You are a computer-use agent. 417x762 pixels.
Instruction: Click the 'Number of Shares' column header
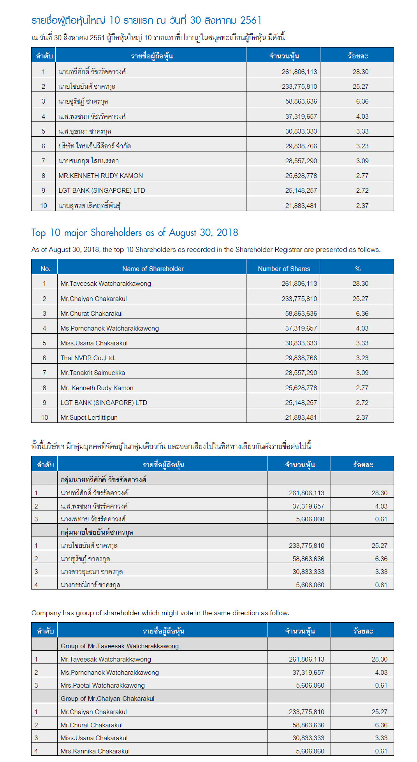(x=284, y=269)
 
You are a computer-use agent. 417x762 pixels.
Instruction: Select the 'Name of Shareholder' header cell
(x=153, y=269)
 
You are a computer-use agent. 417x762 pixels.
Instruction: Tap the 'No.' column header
(x=45, y=269)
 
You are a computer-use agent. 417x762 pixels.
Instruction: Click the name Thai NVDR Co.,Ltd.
(x=88, y=358)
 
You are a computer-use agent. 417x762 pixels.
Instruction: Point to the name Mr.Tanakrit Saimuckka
(x=93, y=373)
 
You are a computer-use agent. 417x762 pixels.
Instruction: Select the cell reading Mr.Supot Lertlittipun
(x=89, y=417)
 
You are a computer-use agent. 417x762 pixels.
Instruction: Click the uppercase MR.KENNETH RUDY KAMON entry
(x=100, y=176)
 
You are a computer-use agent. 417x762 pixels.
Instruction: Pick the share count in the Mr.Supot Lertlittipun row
(x=301, y=417)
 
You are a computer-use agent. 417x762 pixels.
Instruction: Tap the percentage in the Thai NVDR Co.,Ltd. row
(x=362, y=358)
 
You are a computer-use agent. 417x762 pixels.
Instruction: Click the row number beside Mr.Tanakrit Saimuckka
(x=44, y=373)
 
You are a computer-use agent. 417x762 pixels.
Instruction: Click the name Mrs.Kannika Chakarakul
(x=95, y=751)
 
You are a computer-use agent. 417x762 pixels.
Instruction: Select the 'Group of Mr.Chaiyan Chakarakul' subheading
(x=107, y=699)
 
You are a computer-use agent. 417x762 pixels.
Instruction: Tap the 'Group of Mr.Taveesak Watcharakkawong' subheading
(x=120, y=646)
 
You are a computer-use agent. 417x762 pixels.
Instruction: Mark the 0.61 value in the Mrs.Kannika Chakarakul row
(x=381, y=751)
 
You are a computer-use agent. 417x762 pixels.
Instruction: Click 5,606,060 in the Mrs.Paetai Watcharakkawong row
(x=310, y=685)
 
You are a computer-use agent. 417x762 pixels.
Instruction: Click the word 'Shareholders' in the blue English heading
(x=116, y=233)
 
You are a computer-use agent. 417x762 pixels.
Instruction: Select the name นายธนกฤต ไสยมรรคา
(x=88, y=161)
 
